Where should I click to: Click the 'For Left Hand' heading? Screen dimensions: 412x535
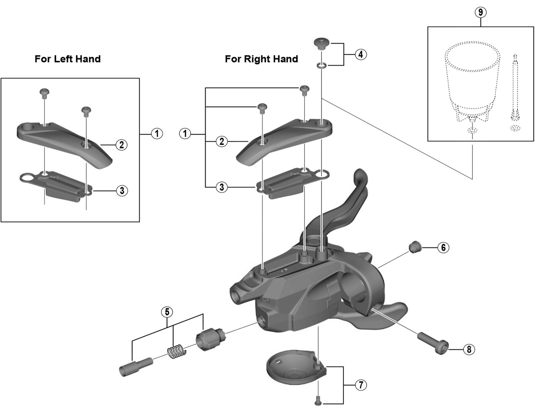click(x=67, y=59)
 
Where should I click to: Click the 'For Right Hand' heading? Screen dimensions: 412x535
click(x=261, y=59)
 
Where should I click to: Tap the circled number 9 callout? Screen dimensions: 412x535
click(x=481, y=13)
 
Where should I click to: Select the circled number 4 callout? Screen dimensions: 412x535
click(x=361, y=54)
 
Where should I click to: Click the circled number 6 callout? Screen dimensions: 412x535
click(x=443, y=247)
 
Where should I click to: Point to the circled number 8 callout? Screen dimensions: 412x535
click(x=469, y=349)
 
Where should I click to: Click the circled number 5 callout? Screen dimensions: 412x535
click(x=167, y=312)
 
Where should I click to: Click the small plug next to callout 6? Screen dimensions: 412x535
click(x=415, y=247)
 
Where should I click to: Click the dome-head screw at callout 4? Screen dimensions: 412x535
click(x=322, y=44)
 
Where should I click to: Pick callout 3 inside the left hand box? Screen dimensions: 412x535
click(x=122, y=191)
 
